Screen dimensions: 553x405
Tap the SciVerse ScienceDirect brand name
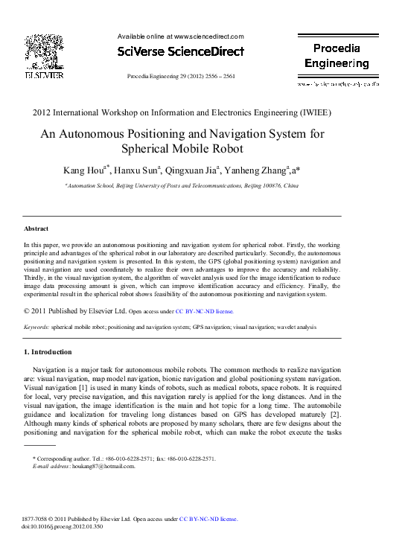point(181,52)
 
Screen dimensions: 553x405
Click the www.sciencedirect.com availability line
point(181,36)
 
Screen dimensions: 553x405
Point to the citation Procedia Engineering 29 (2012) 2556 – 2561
point(182,77)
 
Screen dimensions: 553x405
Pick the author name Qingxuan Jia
point(195,170)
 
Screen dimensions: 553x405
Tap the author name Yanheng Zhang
point(258,170)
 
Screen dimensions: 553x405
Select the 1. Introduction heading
point(48,351)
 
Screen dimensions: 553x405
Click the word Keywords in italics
point(36,327)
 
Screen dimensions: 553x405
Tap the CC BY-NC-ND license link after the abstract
point(204,312)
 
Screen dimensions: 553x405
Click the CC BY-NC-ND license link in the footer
point(208,519)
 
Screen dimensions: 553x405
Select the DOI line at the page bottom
point(63,526)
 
